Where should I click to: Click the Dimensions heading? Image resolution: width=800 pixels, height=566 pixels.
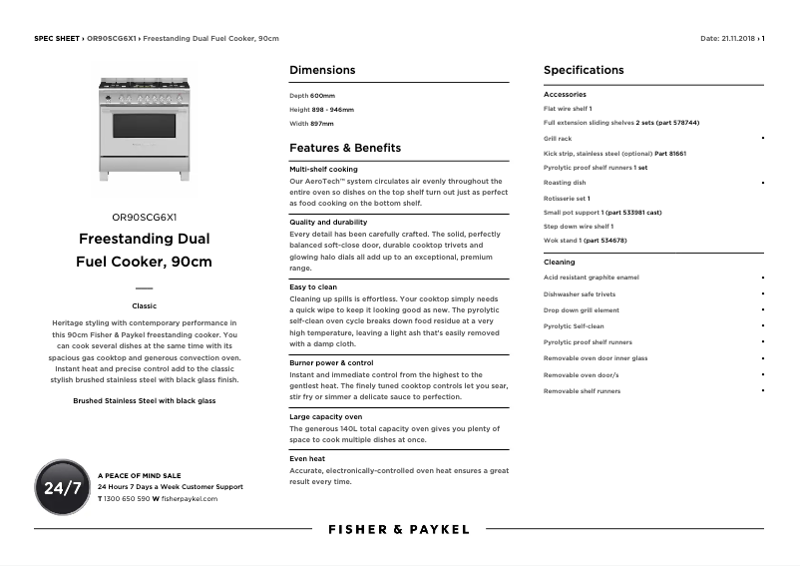321,70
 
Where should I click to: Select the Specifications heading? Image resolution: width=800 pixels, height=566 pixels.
584,70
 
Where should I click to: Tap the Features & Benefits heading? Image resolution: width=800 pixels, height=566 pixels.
345,148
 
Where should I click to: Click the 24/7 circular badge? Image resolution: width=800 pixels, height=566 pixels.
63,488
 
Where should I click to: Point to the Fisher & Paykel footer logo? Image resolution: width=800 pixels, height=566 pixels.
399,529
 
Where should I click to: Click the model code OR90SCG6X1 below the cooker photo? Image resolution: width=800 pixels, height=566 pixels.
145,216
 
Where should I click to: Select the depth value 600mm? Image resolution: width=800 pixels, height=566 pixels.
323,95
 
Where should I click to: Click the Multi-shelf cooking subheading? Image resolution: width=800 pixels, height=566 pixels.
323,170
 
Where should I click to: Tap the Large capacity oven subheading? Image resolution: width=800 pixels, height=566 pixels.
325,416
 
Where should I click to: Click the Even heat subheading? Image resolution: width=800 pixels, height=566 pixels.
307,458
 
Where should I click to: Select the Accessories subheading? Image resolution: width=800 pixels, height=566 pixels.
565,94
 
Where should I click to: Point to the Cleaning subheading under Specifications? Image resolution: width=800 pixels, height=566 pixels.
559,262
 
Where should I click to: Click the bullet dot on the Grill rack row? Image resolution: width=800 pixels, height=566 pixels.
763,138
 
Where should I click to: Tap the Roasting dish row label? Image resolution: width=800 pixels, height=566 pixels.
565,183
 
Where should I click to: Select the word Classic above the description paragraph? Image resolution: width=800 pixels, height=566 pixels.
145,305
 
